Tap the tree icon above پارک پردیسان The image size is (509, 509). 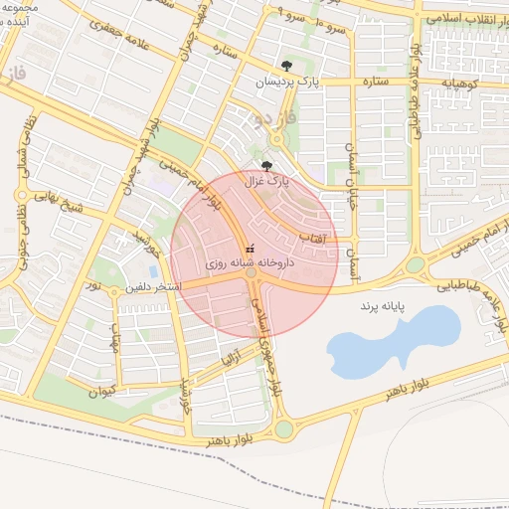287,66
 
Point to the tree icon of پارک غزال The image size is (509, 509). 266,166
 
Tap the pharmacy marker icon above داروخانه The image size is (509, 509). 250,248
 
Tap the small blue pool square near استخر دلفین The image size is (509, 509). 153,269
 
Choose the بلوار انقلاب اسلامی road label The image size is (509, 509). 458,19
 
